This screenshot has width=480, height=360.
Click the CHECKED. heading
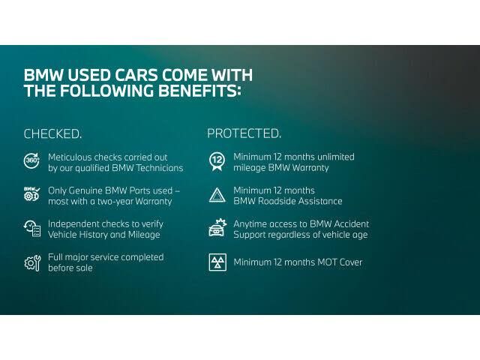coord(52,134)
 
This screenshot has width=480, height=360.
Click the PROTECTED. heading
coord(244,133)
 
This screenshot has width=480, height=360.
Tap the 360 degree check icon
coord(31,160)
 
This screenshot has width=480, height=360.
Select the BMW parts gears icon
coord(31,193)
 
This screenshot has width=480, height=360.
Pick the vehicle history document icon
coord(32,228)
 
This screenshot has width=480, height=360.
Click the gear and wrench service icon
coord(33,263)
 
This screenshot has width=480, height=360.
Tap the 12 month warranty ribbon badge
coord(217,161)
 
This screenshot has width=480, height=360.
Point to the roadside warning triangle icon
coord(217,195)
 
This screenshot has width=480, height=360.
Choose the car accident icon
coord(217,228)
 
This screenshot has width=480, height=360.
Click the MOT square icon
coord(217,262)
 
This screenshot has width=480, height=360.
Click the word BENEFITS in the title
coord(197,91)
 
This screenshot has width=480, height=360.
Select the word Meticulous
coord(70,157)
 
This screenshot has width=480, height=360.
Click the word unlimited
coord(336,157)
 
